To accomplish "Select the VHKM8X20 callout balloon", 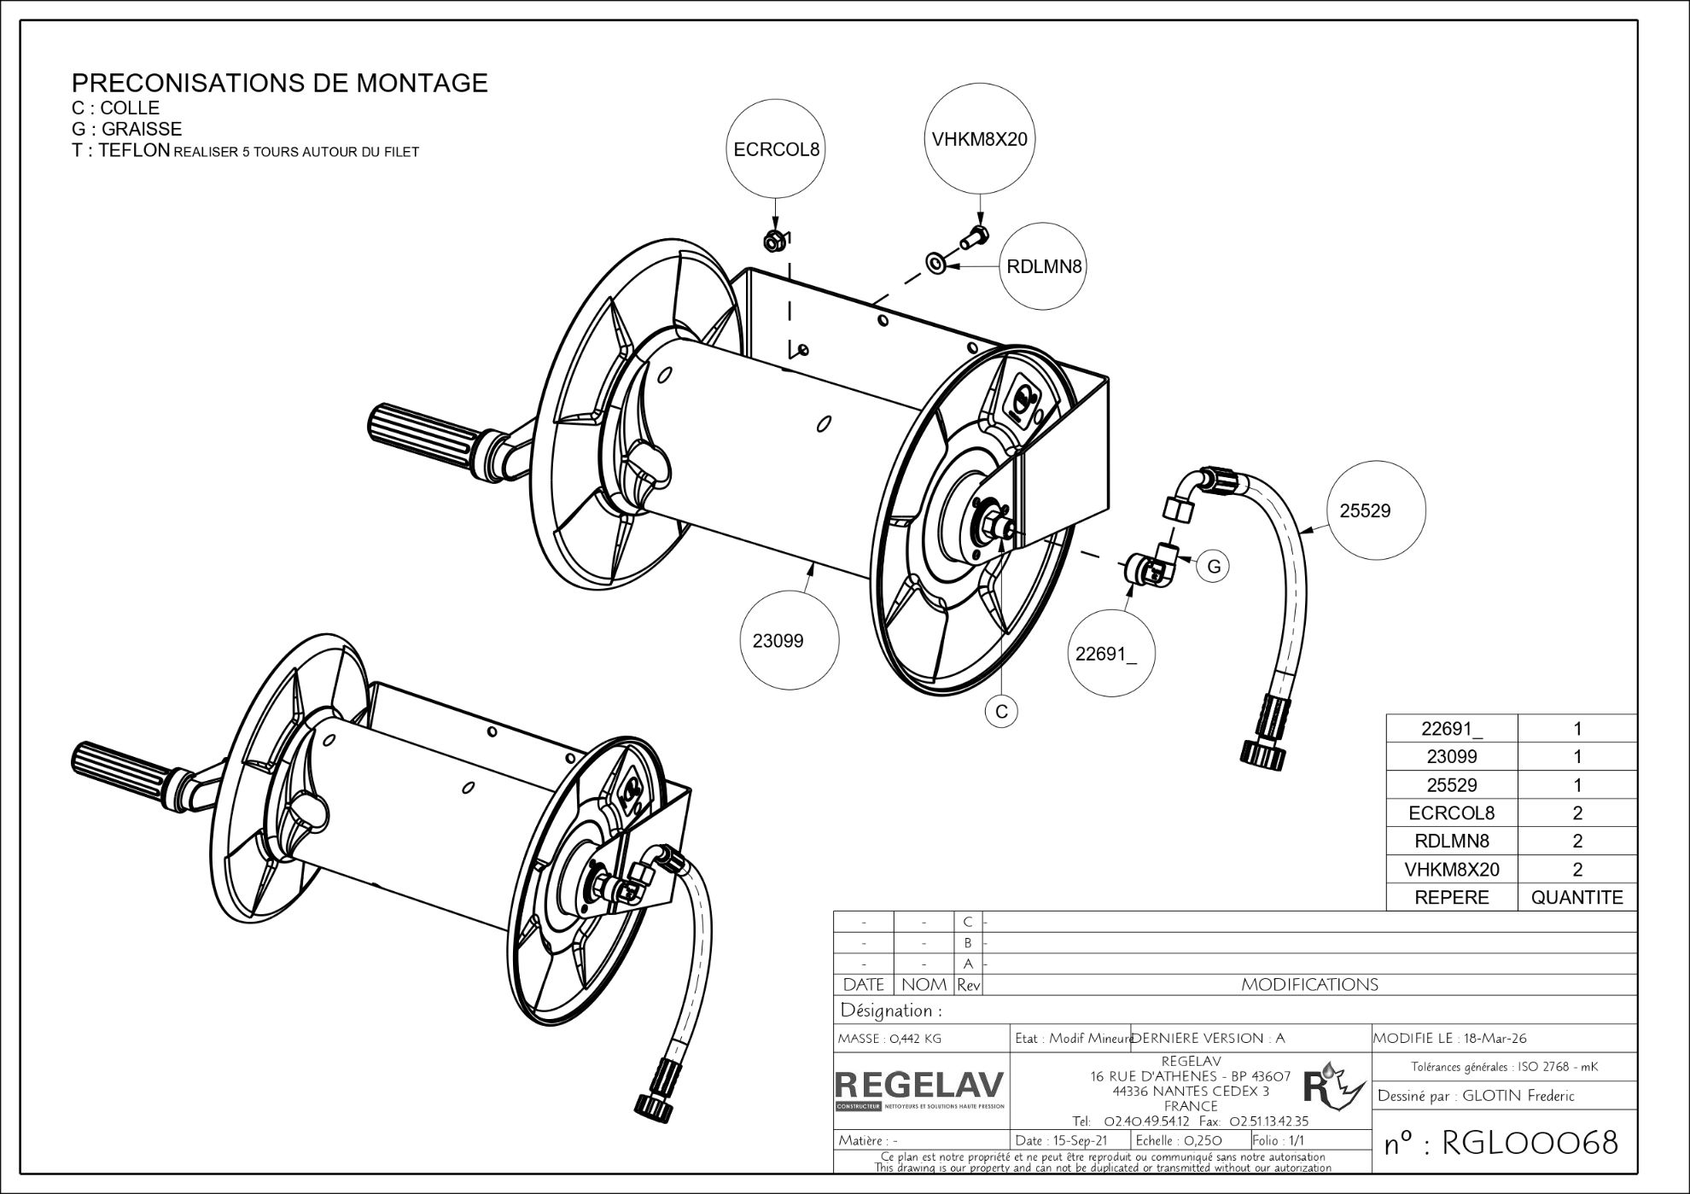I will (979, 139).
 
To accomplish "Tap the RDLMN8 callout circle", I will (1043, 266).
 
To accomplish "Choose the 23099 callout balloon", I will (778, 640).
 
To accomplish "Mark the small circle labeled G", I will (1214, 567).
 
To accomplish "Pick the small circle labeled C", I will (1001, 711).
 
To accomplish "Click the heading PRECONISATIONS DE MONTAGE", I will (279, 83).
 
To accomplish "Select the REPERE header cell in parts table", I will (1451, 897).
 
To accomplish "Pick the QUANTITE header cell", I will (1576, 897).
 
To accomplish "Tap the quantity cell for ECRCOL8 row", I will (1576, 813).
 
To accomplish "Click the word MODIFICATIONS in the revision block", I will (1309, 985).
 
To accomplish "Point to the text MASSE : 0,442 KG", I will (890, 1039).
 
